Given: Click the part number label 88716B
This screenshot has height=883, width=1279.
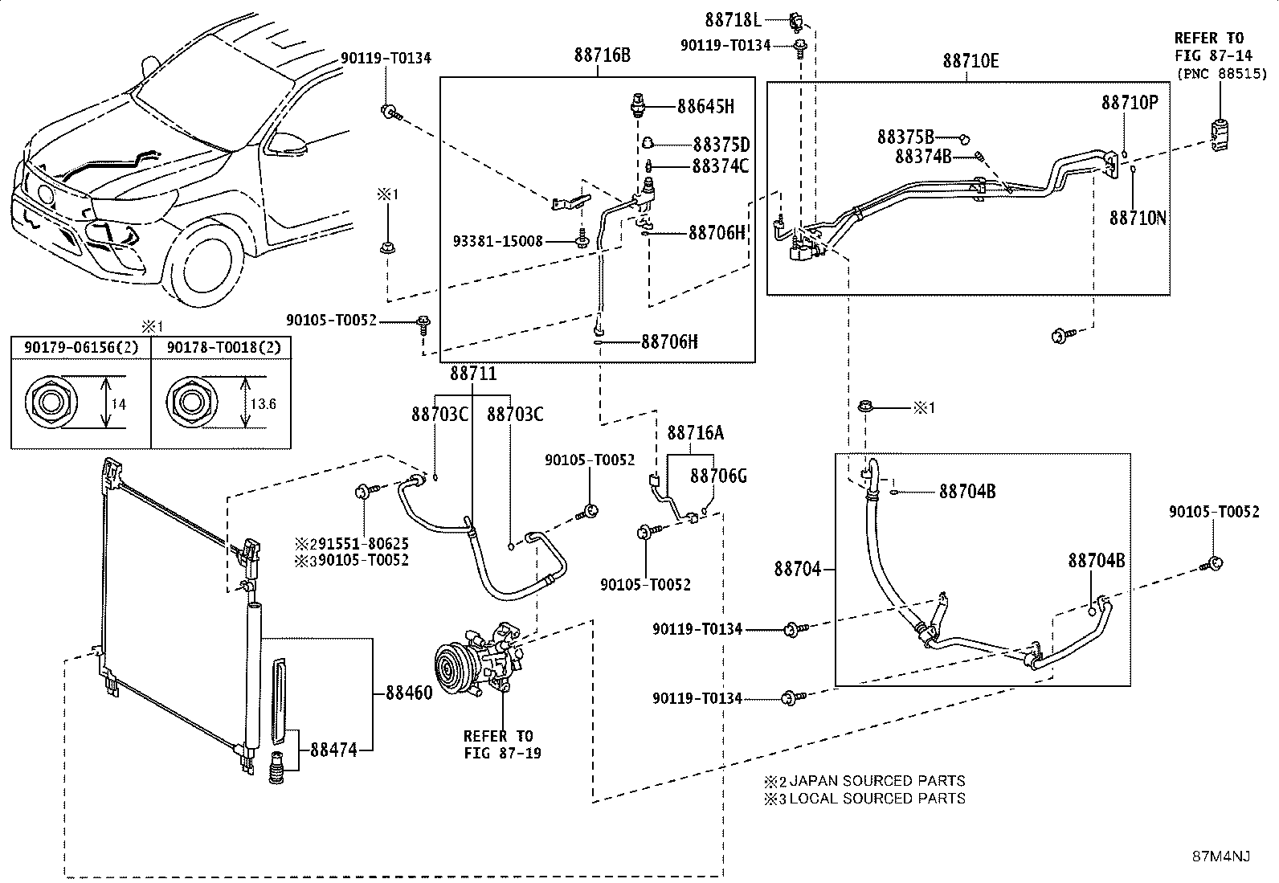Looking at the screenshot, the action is (x=602, y=55).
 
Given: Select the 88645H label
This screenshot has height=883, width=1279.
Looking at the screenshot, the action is (x=705, y=107).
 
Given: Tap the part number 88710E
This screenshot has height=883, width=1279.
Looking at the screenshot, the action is (x=970, y=61).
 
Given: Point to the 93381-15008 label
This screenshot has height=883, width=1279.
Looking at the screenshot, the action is (x=498, y=242).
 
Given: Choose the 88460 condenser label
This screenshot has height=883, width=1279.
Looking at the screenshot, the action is (x=409, y=693).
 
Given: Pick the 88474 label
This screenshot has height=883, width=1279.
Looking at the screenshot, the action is (x=333, y=750).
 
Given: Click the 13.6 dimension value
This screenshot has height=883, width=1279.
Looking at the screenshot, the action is (x=264, y=404).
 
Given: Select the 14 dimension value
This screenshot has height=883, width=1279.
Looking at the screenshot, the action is (x=118, y=404).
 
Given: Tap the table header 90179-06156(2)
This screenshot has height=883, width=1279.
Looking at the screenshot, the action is (x=81, y=348).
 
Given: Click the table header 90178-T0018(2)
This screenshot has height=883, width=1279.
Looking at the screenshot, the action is (x=224, y=348).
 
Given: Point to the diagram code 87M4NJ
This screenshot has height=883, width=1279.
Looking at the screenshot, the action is (x=1221, y=856).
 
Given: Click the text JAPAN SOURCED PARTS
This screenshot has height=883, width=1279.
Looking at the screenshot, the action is (x=877, y=781).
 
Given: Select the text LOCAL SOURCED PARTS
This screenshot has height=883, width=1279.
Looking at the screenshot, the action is (x=877, y=799).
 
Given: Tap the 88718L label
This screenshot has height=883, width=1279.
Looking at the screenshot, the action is (x=733, y=21).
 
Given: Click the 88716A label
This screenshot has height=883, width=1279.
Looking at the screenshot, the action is (x=696, y=434).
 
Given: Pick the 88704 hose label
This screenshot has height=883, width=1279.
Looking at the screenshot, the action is (x=797, y=569).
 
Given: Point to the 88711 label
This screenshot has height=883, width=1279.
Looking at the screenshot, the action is (x=472, y=374).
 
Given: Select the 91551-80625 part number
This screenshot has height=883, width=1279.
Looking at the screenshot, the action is (x=363, y=544).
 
